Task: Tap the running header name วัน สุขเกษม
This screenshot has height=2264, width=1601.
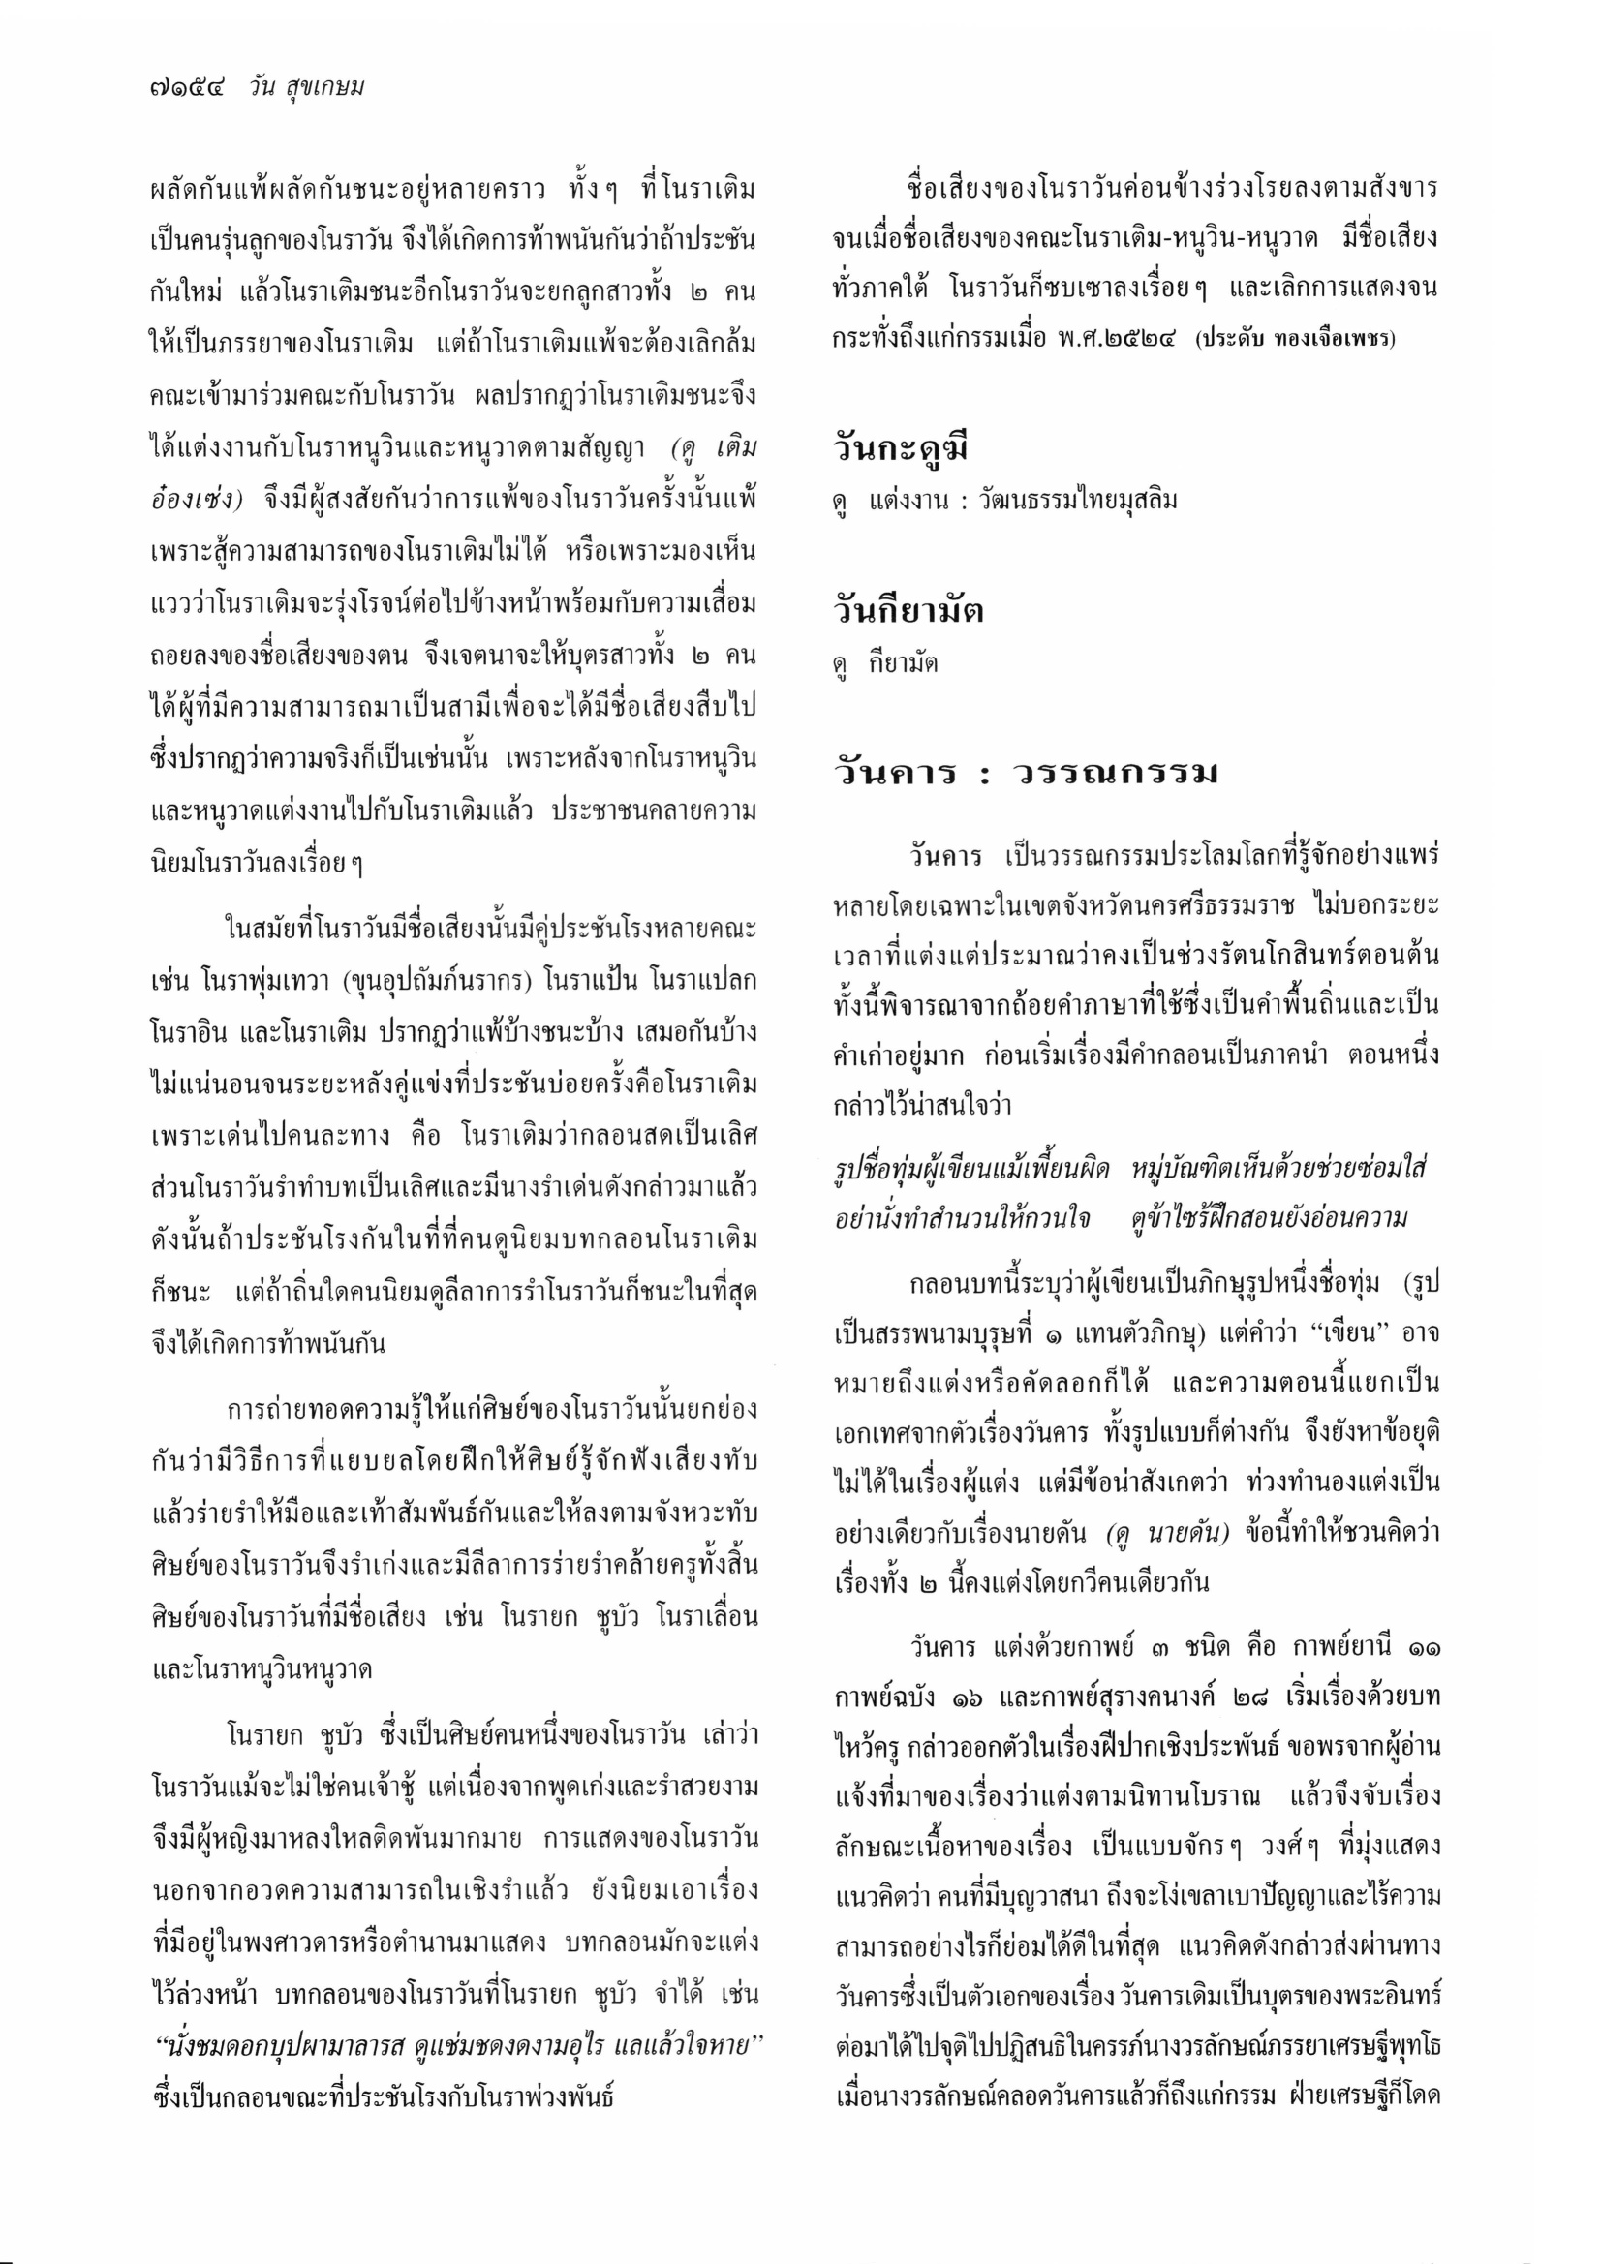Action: pos(307,88)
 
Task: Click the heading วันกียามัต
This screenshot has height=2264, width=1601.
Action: pos(908,611)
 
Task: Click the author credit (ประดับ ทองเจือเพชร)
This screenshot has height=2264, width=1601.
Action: pos(1295,342)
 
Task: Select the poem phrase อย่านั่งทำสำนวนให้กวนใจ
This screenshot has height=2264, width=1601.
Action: pos(962,1219)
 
